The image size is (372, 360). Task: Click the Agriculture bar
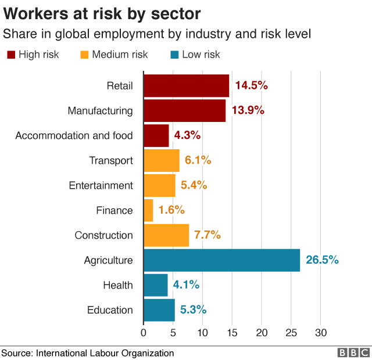(221, 260)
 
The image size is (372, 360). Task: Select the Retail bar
(186, 85)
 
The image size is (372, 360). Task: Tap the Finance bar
(148, 210)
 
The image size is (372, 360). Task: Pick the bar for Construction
(166, 235)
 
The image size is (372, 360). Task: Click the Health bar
(155, 285)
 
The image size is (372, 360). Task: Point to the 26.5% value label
(322, 260)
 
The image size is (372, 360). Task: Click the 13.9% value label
(248, 110)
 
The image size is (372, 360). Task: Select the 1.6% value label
(171, 210)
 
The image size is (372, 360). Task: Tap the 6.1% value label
(198, 160)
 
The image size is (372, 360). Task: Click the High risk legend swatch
(11, 55)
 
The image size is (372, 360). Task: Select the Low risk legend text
(201, 55)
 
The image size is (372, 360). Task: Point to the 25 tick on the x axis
(291, 333)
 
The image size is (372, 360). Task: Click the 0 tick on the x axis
(144, 333)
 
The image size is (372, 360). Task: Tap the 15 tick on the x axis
(232, 333)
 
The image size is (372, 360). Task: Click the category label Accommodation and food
(74, 135)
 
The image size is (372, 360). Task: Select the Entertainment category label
(101, 185)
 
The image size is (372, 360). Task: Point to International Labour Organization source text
(105, 352)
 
